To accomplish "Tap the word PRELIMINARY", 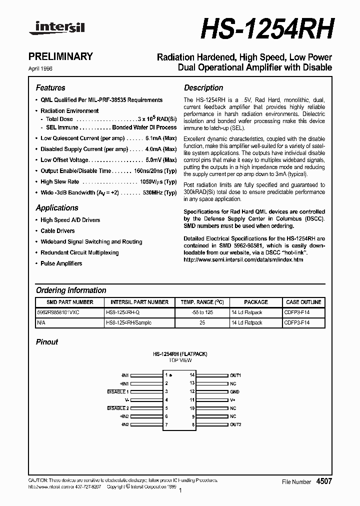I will (64, 56).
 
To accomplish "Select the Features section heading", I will (50, 88).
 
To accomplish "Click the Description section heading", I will (203, 88).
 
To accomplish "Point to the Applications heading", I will (57, 208).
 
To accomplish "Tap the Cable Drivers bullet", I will (57, 231).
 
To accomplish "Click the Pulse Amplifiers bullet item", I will (61, 263).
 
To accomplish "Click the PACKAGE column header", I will (256, 302).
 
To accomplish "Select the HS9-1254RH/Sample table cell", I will (128, 323).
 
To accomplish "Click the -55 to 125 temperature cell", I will (198, 312).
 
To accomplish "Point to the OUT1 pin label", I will (235, 375).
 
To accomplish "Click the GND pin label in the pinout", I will (234, 391).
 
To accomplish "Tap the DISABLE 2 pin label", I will (118, 408).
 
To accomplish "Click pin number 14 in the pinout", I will (191, 375).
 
